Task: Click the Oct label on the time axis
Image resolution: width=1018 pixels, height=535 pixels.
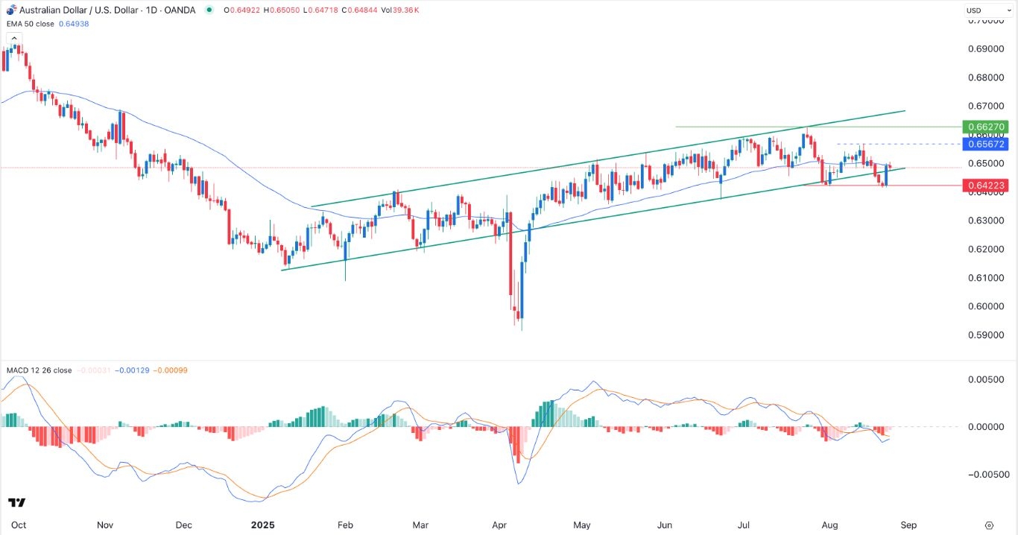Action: click(19, 525)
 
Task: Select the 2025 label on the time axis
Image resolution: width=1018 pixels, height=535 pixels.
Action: click(264, 525)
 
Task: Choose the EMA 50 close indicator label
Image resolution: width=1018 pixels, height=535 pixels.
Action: click(40, 23)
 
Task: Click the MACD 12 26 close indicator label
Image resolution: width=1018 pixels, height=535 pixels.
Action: click(39, 370)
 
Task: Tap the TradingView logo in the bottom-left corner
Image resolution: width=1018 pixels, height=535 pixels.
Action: click(16, 503)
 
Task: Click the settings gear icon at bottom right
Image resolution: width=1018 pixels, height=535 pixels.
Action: click(989, 525)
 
